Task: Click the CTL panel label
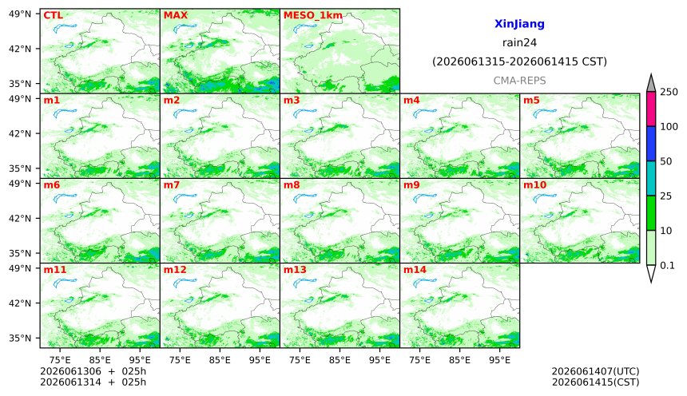coord(53,15)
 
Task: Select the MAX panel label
coord(175,15)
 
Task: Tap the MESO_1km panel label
coord(313,16)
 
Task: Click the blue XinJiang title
coord(519,24)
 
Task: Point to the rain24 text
coord(519,42)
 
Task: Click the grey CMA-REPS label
coord(519,81)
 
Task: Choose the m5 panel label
coord(531,101)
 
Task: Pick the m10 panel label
coord(534,185)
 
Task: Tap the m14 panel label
coord(415,269)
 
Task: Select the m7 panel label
coord(171,185)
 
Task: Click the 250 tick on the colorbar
coord(669,92)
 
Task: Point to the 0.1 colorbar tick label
coord(667,265)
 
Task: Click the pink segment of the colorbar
coord(651,109)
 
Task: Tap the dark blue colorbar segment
coord(651,144)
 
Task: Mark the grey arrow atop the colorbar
coord(651,83)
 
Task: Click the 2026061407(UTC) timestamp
coord(595,371)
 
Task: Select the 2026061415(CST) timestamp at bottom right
coord(595,382)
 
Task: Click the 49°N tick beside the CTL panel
coord(20,14)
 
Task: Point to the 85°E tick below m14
coord(459,360)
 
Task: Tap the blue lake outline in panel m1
coord(65,114)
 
